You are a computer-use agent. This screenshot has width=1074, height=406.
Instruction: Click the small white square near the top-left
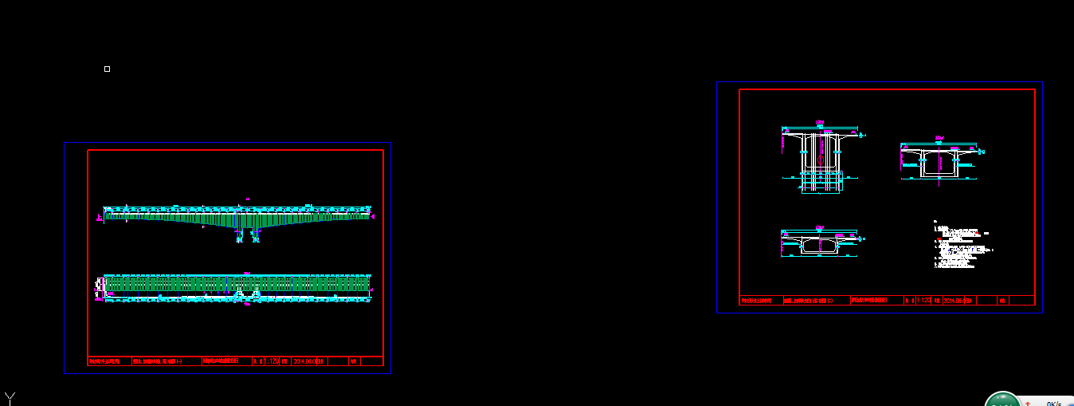[x=107, y=69]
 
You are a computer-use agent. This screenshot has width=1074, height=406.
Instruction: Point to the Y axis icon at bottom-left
[x=10, y=398]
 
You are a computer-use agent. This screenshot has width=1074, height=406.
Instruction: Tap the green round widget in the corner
[x=1002, y=400]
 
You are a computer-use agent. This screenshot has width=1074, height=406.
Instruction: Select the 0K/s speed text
[x=1053, y=403]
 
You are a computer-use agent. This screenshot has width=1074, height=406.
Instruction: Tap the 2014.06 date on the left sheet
[x=310, y=361]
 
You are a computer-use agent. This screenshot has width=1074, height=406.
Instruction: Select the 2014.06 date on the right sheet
[x=958, y=301]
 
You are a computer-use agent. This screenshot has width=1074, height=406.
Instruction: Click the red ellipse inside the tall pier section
[x=821, y=160]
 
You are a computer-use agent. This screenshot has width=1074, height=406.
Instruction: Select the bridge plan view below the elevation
[x=237, y=284]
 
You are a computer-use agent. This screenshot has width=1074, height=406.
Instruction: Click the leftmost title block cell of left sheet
[x=108, y=361]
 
